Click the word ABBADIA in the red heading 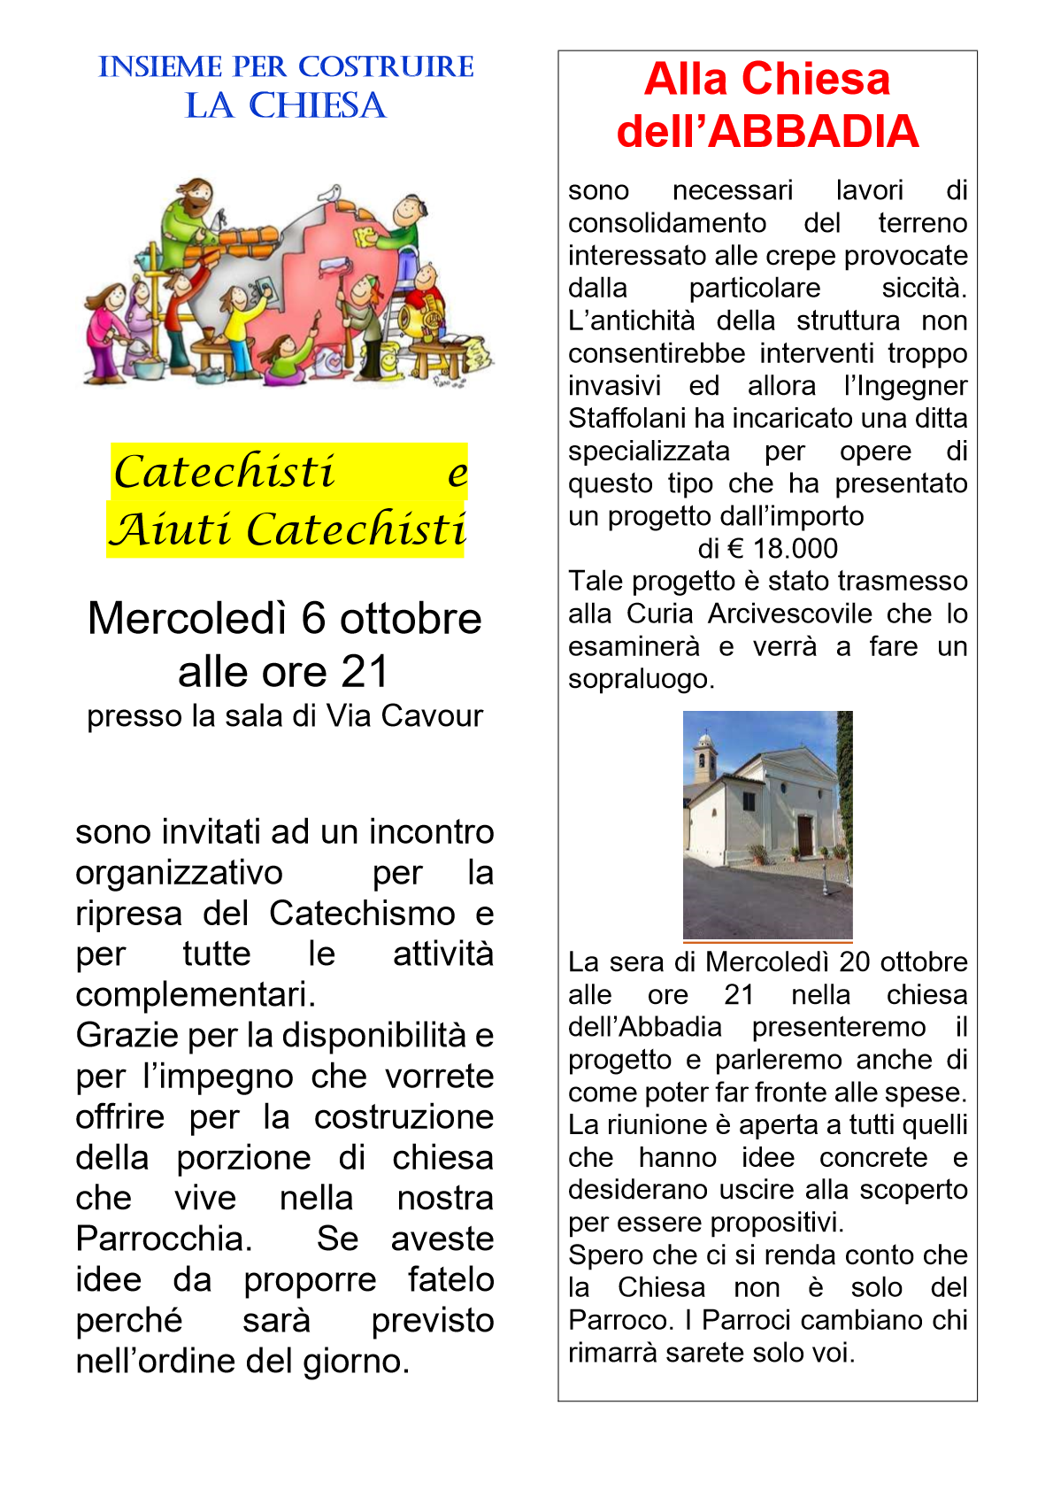click(813, 131)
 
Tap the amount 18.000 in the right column click(795, 549)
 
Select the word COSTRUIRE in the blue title click(386, 67)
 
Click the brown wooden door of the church click(804, 836)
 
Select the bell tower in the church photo click(704, 757)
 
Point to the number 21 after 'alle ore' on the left click(365, 671)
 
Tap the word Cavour click(439, 716)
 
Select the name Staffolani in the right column click(626, 418)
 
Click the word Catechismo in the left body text click(362, 914)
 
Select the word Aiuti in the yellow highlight click(173, 530)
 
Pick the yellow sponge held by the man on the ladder click(364, 236)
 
